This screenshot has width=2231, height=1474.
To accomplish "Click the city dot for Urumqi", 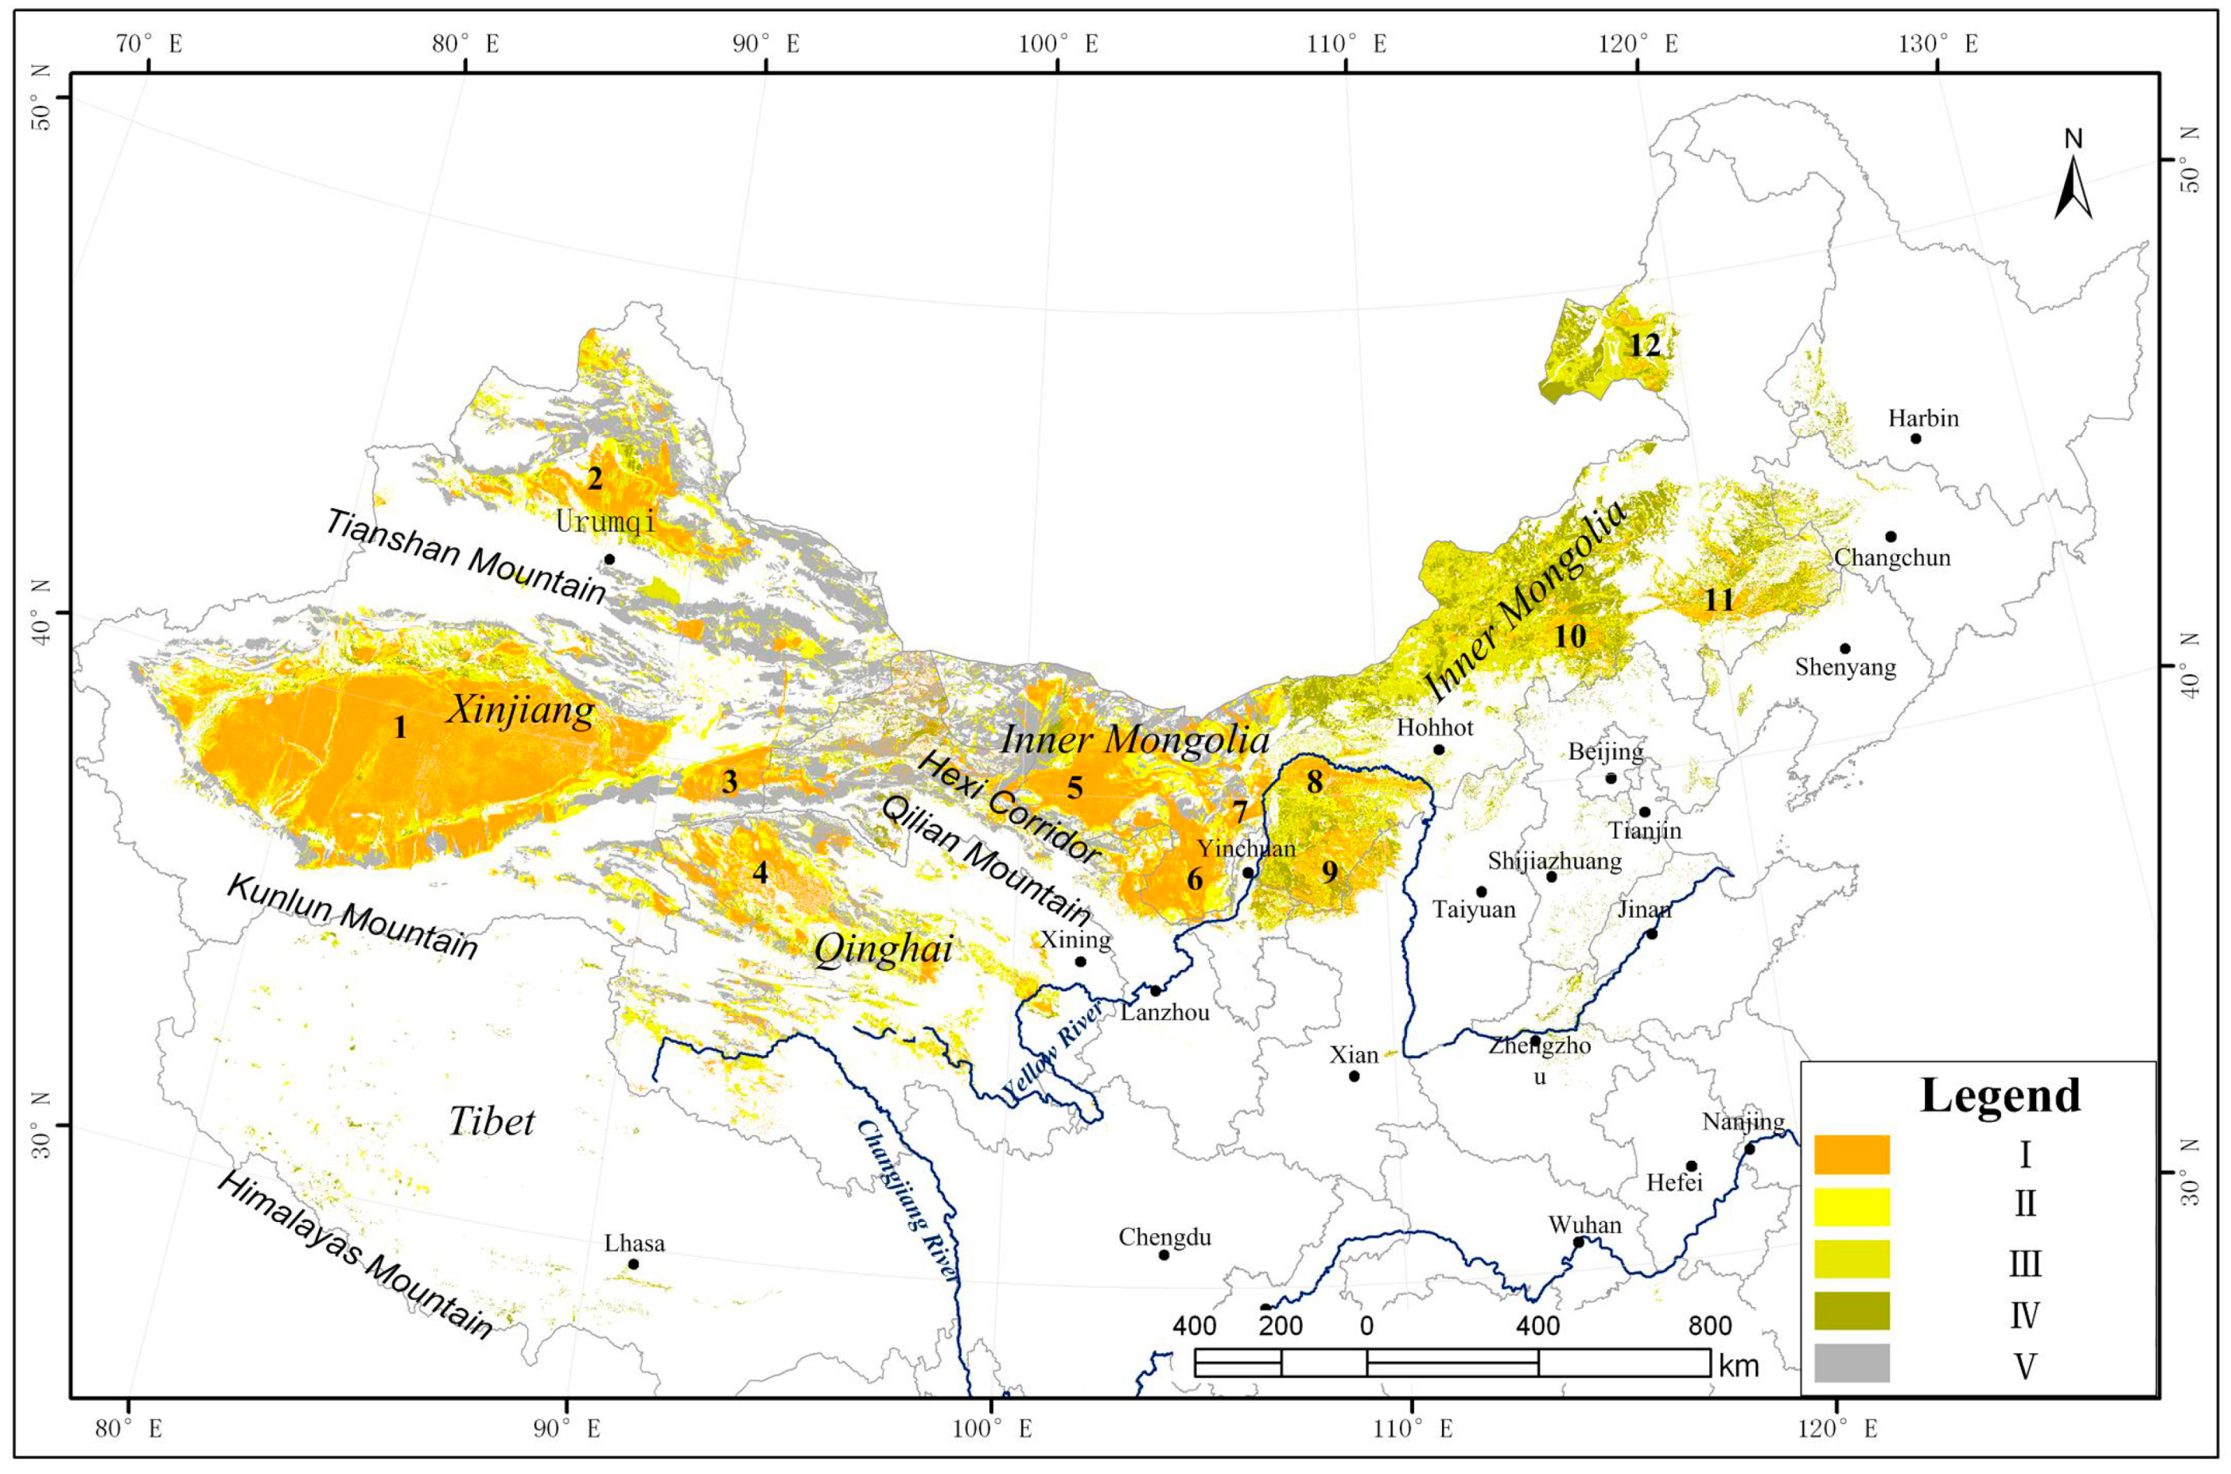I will click(609, 560).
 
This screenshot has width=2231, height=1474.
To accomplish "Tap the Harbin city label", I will click(1923, 418).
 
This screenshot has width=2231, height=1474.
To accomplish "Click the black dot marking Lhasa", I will click(633, 1264).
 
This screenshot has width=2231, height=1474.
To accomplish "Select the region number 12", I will click(1644, 345).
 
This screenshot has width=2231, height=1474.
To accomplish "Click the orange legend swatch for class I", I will click(1851, 1154).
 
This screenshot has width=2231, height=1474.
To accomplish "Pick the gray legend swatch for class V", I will click(1851, 1363).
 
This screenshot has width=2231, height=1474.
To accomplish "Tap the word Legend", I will click(2000, 1095).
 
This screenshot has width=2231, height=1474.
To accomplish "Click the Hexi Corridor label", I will click(1009, 809).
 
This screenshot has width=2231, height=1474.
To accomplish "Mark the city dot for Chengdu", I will click(1163, 1255).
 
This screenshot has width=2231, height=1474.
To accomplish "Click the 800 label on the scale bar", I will click(1709, 1326).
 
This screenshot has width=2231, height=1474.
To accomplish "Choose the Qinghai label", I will click(883, 950).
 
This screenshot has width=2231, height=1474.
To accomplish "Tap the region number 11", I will click(1719, 599).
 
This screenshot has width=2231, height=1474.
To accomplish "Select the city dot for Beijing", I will click(1611, 778).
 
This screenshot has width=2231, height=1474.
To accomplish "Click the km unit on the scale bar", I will click(1739, 1366).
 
